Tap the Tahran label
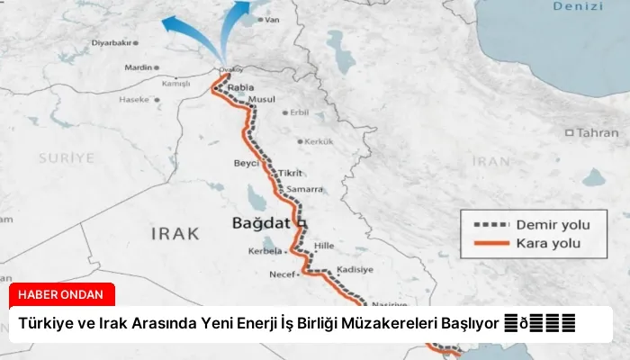pyautogui.click(x=597, y=132)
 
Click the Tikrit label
pyautogui.click(x=290, y=173)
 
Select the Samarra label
pyautogui.click(x=305, y=189)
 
